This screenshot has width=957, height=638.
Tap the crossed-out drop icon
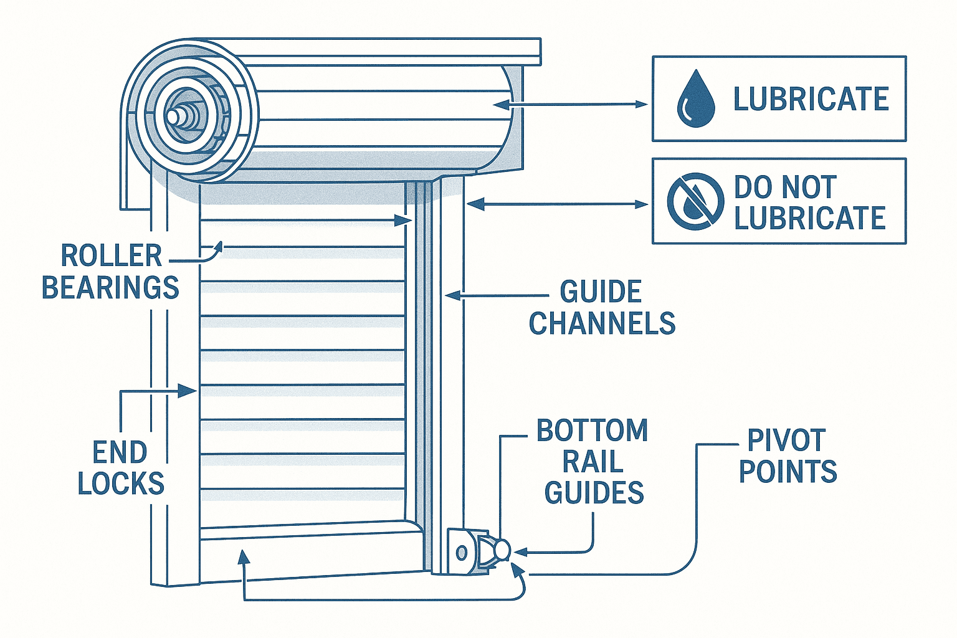[695, 201]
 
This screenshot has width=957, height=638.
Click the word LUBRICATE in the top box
[811, 99]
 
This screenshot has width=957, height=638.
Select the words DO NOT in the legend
[784, 187]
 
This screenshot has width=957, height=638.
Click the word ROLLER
[111, 256]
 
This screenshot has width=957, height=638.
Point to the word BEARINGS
[110, 288]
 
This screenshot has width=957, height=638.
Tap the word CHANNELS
[602, 323]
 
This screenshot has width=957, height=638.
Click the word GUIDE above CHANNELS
[601, 292]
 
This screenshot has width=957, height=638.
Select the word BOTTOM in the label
[592, 431]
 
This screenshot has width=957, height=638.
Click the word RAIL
[593, 462]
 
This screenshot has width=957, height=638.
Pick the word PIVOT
[786, 440]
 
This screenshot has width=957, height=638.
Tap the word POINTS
[788, 471]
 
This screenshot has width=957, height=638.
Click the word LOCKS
[121, 483]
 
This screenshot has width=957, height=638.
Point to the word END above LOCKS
[120, 452]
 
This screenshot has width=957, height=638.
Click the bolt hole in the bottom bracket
[462, 552]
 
